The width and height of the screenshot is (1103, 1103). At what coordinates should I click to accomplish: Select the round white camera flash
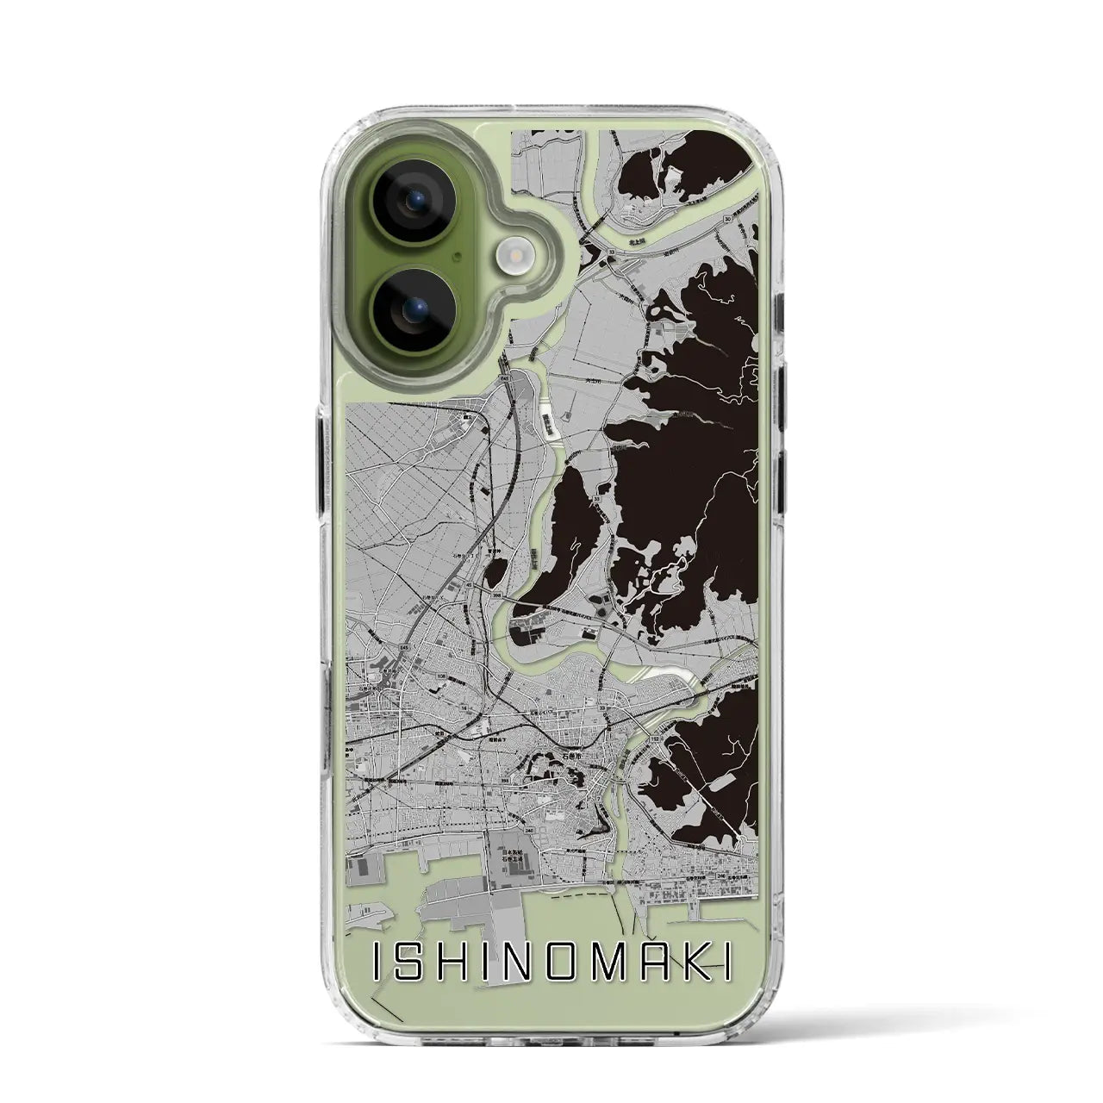pyautogui.click(x=514, y=255)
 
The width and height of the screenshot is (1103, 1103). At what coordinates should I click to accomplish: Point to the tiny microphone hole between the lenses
pyautogui.click(x=463, y=255)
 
